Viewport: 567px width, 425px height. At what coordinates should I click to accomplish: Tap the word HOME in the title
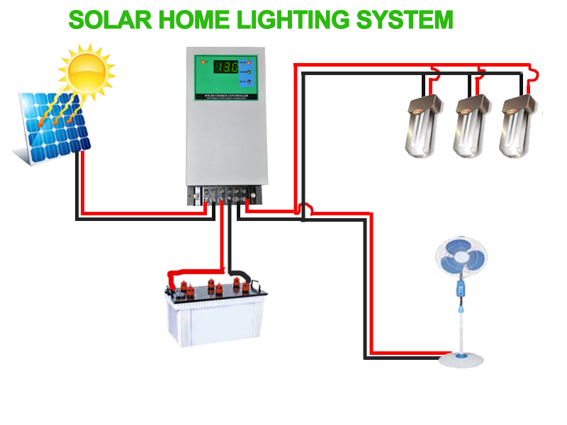(x=191, y=20)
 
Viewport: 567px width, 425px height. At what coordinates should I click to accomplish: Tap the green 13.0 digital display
(x=226, y=68)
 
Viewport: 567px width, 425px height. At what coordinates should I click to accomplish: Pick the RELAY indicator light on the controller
(x=249, y=84)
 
